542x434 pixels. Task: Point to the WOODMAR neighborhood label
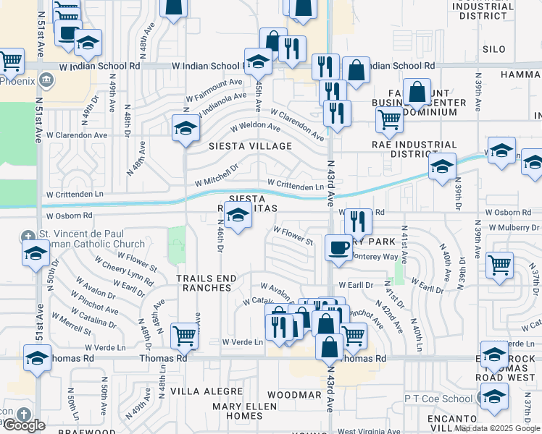point(293,395)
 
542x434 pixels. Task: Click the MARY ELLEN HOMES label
point(238,411)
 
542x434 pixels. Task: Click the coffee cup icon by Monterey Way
point(338,248)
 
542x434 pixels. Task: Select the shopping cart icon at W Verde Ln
point(185,336)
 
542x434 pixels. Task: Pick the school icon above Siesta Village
point(185,129)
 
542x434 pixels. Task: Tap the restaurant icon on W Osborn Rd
point(358,221)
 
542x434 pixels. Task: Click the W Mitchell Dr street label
point(216,174)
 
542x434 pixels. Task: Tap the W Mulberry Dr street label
point(514,227)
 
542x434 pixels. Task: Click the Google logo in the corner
point(24,425)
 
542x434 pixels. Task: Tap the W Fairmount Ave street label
point(214,92)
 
